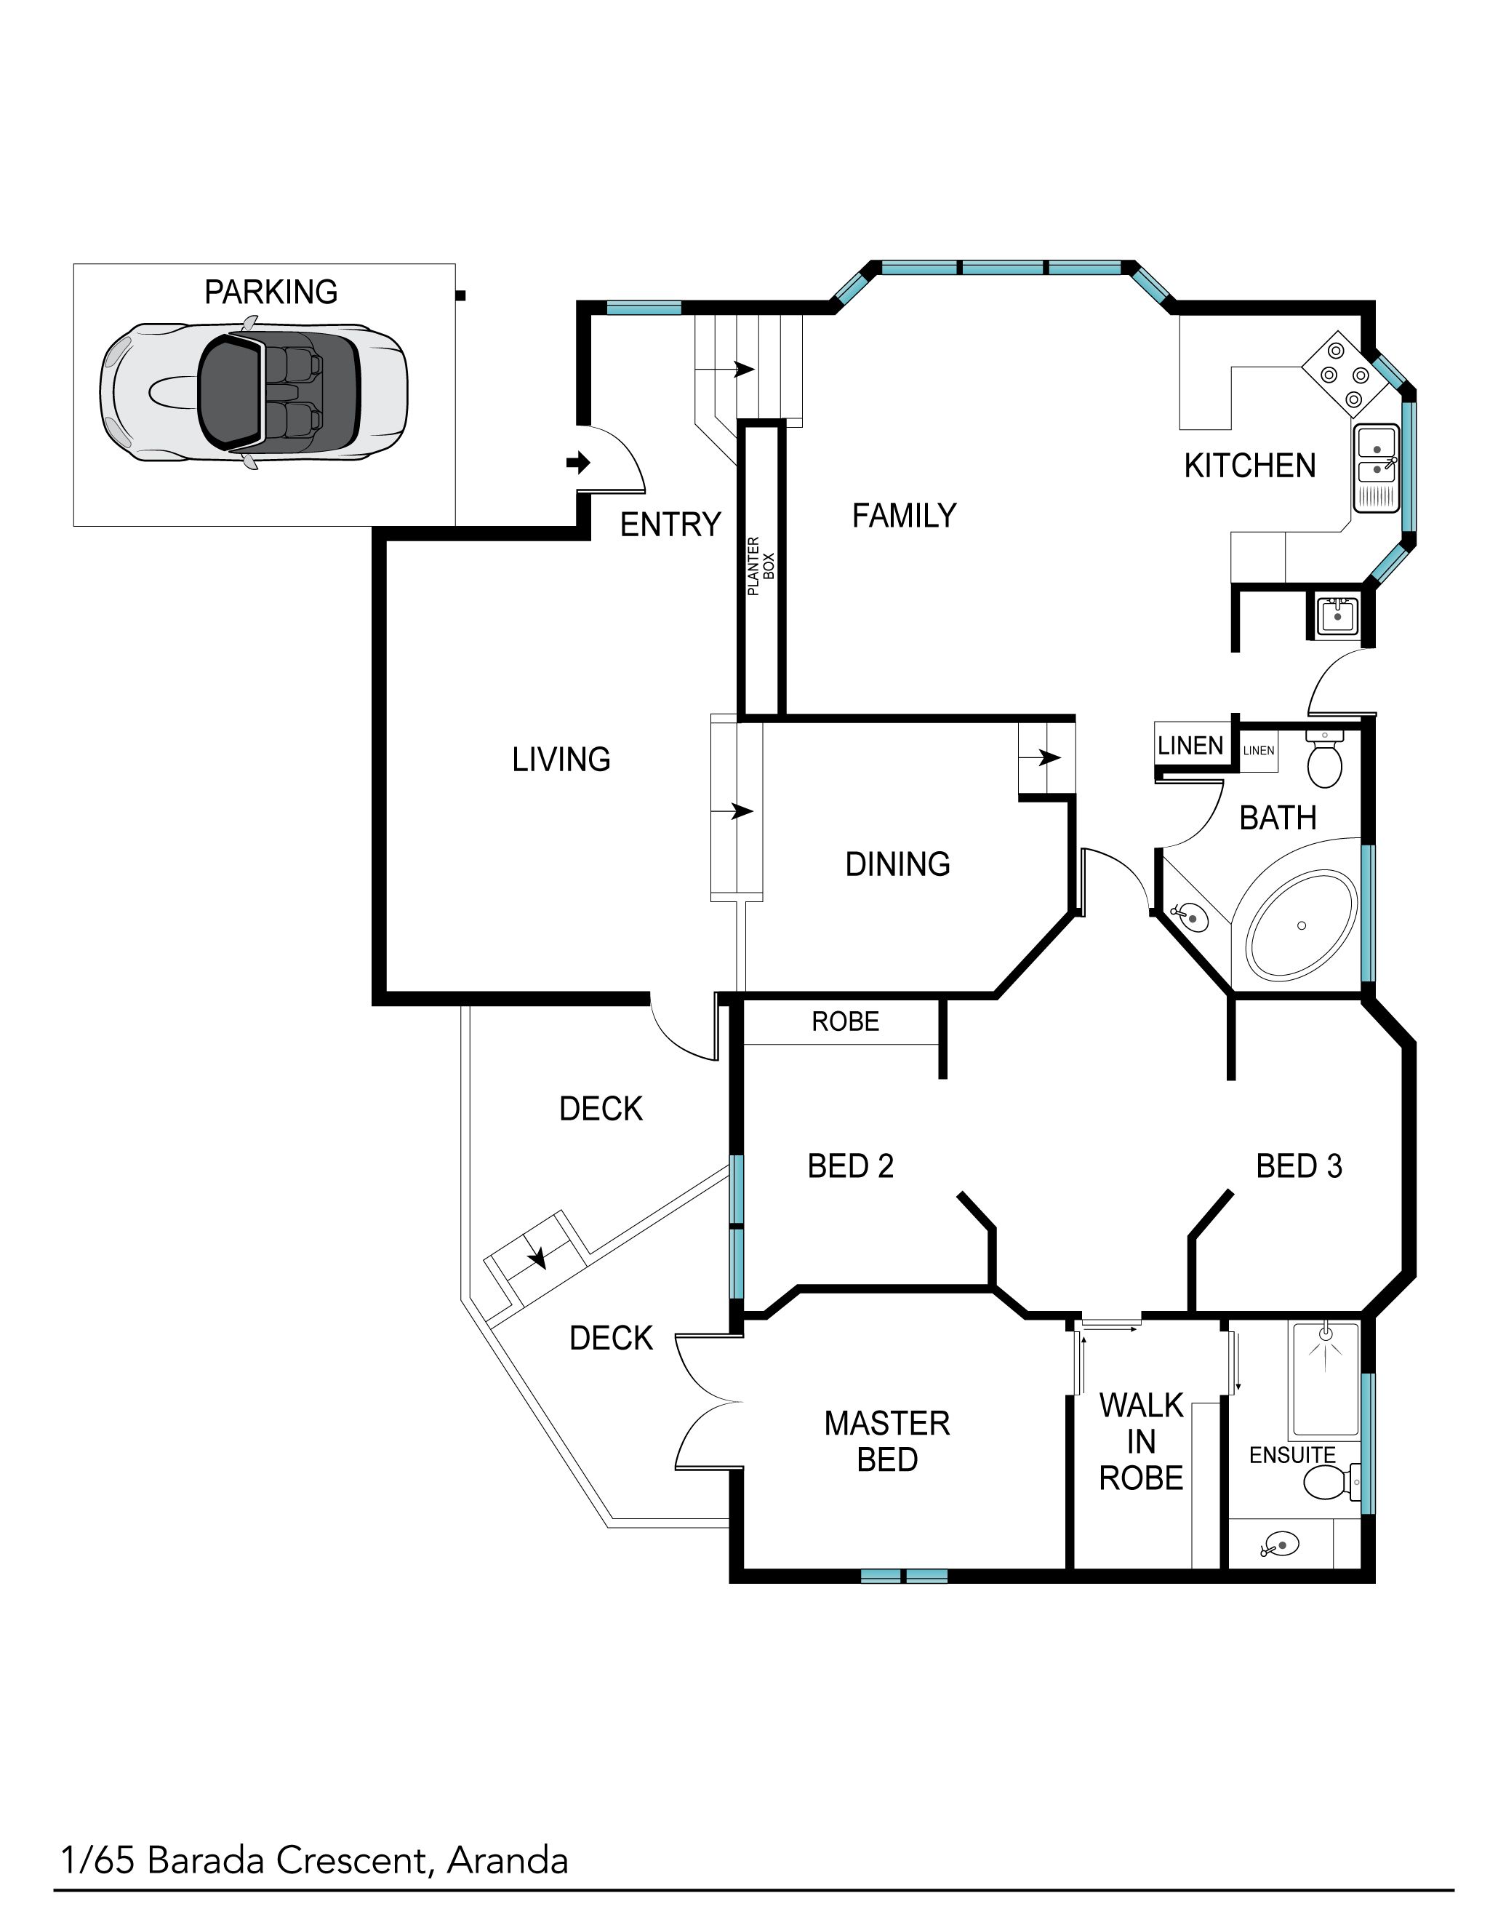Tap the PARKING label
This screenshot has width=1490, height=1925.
tap(271, 292)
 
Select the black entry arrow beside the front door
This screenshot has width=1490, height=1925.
tap(578, 462)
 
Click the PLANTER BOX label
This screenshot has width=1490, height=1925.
tap(761, 566)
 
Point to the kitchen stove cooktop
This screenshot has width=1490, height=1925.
tap(1336, 375)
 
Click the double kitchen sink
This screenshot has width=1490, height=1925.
tap(1375, 468)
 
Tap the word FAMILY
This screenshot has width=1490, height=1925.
tap(904, 516)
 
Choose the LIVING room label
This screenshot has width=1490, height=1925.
tap(561, 759)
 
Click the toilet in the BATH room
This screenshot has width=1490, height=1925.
tap(1324, 759)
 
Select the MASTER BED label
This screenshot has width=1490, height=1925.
tap(887, 1441)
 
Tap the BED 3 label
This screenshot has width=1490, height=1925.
tap(1299, 1166)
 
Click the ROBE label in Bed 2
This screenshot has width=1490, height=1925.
tap(846, 1021)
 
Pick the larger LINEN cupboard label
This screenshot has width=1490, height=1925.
tap(1190, 746)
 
